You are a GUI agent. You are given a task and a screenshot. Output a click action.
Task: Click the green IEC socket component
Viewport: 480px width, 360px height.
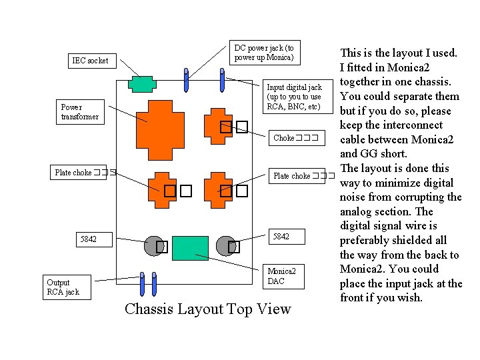point(141,83)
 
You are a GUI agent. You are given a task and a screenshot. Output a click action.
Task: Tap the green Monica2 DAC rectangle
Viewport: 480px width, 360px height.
point(189,247)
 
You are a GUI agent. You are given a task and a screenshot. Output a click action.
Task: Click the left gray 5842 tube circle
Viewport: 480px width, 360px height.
point(155,246)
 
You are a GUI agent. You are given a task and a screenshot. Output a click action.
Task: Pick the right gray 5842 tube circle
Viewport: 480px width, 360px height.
point(226,246)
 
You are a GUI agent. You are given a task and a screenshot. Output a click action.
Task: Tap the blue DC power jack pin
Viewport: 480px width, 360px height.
point(187,80)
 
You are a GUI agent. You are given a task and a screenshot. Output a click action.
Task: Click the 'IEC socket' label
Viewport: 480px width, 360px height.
point(90,61)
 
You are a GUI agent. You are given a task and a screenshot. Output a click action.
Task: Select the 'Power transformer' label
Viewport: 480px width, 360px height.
point(79,112)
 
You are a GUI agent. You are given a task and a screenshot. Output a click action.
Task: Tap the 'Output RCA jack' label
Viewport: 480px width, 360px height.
point(63,287)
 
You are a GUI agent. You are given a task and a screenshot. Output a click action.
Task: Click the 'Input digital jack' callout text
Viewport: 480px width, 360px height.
point(294,97)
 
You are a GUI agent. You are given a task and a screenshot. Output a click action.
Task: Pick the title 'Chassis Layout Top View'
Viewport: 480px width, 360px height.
point(207,309)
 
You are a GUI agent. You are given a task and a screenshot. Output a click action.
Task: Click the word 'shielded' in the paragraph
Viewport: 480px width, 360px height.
point(421,240)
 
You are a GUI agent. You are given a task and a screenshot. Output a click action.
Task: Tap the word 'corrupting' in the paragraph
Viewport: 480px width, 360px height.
point(413,197)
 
